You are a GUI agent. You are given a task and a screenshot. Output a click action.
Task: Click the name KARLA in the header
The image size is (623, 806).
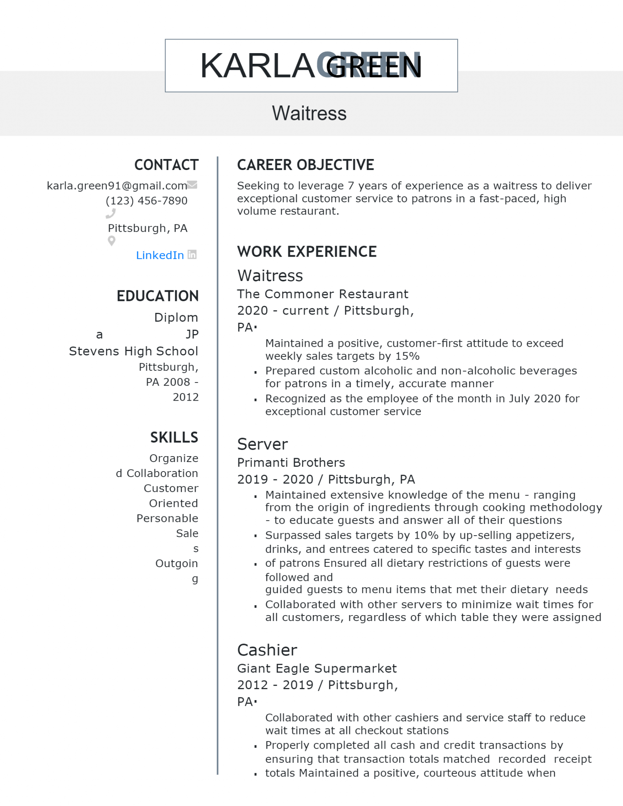click(257, 66)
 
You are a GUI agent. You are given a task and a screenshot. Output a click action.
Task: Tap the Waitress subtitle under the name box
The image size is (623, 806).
click(309, 113)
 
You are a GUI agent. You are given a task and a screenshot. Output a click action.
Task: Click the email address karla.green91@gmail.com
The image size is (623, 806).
click(117, 186)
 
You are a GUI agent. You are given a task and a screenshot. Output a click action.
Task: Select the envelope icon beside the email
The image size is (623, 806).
click(192, 185)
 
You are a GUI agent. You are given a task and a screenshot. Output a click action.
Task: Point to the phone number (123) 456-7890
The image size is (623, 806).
click(146, 201)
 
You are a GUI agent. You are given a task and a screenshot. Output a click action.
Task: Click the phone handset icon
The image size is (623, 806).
click(111, 213)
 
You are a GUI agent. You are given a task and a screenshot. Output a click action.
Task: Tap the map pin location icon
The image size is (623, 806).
click(112, 241)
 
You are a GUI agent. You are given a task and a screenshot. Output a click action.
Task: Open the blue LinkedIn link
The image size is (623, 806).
click(160, 255)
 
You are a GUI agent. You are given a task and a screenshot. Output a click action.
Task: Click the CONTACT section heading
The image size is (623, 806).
click(166, 165)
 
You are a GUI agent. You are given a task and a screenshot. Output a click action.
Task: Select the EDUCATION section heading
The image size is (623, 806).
click(157, 296)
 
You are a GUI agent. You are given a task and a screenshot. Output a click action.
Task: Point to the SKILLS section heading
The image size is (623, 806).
click(174, 437)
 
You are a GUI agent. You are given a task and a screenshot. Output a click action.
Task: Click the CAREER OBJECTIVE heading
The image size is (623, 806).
click(305, 165)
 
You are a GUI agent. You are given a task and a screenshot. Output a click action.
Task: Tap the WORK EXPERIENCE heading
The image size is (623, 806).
click(307, 252)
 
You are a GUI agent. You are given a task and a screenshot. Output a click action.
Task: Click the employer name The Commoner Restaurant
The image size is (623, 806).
click(323, 294)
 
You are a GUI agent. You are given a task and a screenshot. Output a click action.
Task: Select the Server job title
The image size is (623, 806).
click(263, 444)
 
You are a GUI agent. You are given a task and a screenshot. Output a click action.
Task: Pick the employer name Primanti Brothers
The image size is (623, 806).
click(291, 462)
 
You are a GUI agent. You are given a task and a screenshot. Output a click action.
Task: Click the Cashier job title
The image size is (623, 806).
click(267, 650)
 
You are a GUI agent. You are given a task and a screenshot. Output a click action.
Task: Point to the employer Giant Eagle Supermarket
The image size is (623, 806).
click(317, 668)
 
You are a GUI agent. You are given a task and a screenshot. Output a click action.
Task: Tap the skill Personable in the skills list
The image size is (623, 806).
click(167, 518)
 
